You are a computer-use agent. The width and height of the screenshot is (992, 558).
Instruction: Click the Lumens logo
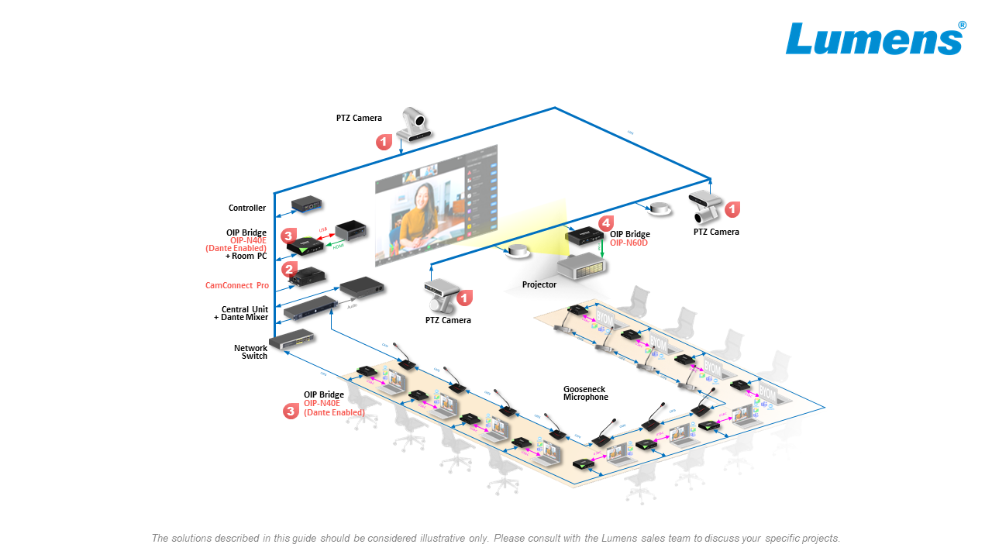(x=874, y=39)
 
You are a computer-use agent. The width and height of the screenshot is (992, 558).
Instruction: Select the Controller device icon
(x=307, y=205)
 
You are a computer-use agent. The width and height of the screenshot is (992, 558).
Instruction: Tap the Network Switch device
(x=292, y=338)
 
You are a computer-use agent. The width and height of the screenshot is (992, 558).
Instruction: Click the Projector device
(x=581, y=267)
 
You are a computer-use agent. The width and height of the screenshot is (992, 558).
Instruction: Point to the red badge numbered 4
(x=606, y=222)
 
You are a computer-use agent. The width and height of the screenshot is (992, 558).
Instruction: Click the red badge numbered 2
(x=290, y=270)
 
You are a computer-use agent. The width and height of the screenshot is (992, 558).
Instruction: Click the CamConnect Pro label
(x=237, y=285)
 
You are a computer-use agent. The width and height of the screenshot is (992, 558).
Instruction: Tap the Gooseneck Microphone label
(x=585, y=393)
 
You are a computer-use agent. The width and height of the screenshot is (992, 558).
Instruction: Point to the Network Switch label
(x=250, y=352)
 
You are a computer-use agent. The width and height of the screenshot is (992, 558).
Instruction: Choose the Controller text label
(x=247, y=208)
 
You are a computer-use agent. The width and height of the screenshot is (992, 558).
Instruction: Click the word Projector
(x=539, y=284)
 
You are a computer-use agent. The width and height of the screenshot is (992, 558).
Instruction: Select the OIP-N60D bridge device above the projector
(x=585, y=235)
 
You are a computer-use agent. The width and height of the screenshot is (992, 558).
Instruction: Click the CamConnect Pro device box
(x=307, y=275)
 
